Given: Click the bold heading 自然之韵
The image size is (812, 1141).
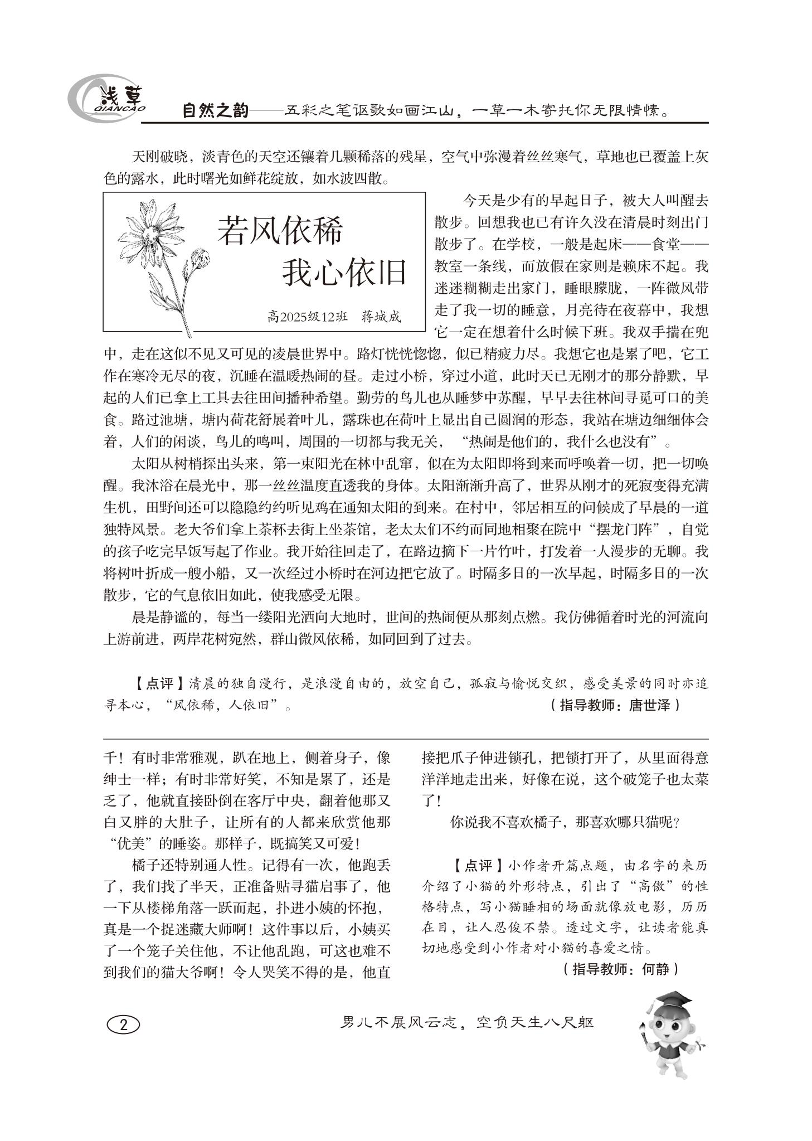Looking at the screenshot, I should (215, 111).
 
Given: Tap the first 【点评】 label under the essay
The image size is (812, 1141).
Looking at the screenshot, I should (158, 683).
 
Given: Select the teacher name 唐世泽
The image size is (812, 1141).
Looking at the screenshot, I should (649, 705).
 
